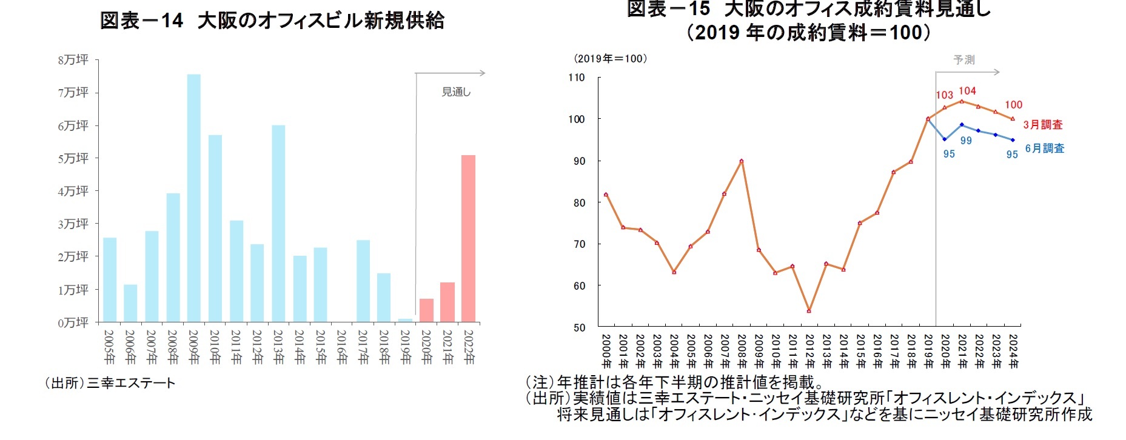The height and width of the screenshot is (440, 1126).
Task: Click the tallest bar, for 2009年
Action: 193,198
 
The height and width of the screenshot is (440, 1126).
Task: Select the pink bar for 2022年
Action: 468,238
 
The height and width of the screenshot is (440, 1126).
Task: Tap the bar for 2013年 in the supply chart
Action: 278,223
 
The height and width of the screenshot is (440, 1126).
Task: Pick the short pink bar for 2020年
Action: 426,310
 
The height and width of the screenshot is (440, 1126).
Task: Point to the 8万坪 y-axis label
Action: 73,60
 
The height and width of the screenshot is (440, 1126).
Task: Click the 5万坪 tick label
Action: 73,158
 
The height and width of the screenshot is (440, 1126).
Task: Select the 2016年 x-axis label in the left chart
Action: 342,347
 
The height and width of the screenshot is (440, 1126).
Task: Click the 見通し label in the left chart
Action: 456,92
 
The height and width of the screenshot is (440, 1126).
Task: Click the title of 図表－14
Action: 272,21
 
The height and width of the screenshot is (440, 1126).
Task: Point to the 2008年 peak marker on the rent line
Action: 742,161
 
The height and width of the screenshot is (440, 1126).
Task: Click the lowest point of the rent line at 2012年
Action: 809,311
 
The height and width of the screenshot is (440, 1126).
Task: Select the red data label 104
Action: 967,91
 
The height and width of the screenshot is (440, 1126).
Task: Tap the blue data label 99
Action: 966,141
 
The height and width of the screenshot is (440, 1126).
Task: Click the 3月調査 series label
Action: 1043,124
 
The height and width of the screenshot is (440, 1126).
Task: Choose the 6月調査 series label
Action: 1044,148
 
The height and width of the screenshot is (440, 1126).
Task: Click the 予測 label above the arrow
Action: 964,60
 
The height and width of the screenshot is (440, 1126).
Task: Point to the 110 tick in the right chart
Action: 577,78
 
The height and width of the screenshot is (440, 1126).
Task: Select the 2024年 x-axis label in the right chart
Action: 1013,350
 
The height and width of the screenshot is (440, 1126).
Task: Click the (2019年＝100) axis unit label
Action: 611,59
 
